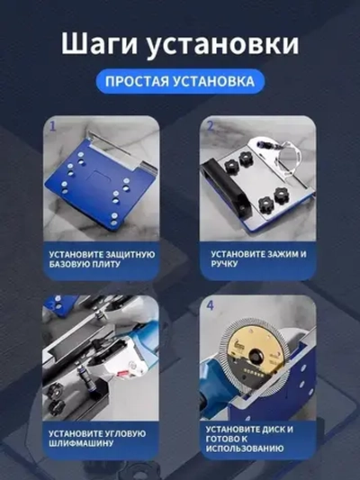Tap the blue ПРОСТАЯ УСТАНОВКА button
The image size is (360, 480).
(179, 81)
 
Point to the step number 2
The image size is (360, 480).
(211, 126)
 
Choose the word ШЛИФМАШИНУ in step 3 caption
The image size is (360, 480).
(85, 445)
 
